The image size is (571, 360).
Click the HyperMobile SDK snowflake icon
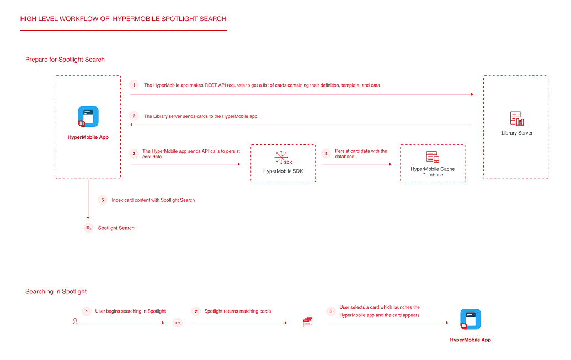[281, 157]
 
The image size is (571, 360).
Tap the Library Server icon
[517, 119]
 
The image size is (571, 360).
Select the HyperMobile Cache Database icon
[433, 157]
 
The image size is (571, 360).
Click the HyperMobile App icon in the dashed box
[88, 116]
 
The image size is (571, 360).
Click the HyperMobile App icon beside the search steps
[471, 319]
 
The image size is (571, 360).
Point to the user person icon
[75, 321]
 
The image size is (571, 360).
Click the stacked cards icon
[308, 322]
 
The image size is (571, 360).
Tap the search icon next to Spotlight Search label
[88, 228]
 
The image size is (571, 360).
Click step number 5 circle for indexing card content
[103, 200]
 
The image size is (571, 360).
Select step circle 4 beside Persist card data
[326, 154]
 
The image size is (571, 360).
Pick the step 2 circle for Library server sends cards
[134, 116]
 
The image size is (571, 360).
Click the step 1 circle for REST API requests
[134, 85]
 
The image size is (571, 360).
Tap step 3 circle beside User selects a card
[331, 311]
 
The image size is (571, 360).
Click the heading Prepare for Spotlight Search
[65, 60]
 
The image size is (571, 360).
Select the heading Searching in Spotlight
[56, 292]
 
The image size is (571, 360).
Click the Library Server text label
[517, 133]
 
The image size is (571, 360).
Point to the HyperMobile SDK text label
[283, 171]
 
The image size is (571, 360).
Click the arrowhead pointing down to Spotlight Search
[88, 218]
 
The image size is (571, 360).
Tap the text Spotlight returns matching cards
[237, 311]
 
